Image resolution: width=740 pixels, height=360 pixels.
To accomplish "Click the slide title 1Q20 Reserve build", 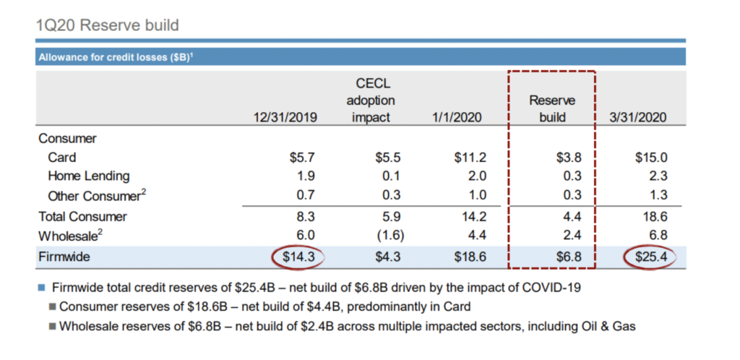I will coord(108,25).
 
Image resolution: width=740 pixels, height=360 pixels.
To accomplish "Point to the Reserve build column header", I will coord(552,108).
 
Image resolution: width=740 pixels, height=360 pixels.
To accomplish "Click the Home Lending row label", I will coord(88,176).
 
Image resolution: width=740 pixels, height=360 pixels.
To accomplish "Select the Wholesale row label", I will coord(71,235).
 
